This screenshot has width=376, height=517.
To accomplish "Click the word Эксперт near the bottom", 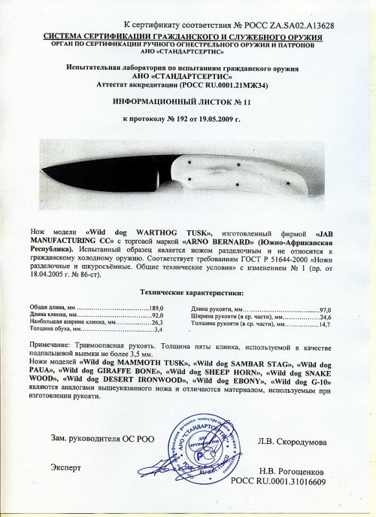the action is (67, 467).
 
